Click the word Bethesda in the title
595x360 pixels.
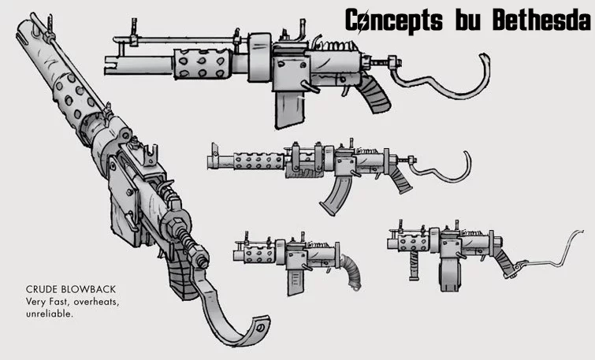pos(542,20)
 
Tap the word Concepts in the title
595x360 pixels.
pos(394,21)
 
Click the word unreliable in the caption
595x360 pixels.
pos(49,314)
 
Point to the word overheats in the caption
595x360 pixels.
pos(96,302)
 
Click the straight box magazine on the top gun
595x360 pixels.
pos(289,110)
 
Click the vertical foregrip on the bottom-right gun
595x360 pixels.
pos(414,265)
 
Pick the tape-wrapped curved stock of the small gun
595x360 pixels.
pos(351,271)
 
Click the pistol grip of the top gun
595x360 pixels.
pos(373,93)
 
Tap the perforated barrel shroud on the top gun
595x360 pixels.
pos(203,64)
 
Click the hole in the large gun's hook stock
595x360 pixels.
pos(260,328)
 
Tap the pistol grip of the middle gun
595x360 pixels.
pos(400,180)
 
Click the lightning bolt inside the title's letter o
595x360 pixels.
pos(365,21)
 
